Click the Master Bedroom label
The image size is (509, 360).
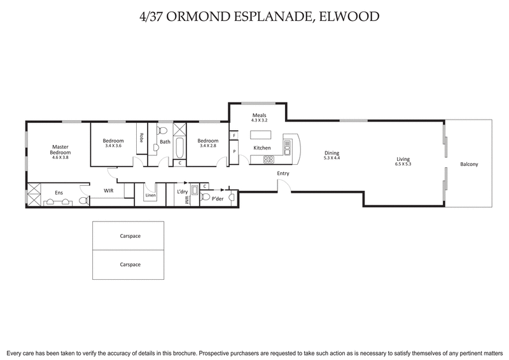click(60, 149)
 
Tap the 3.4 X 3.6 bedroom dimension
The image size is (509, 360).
click(113, 146)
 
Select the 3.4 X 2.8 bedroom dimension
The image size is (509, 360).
click(208, 146)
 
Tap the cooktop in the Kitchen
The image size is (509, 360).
click(267, 158)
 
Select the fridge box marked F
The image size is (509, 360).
click(234, 135)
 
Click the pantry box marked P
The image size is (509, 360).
click(234, 151)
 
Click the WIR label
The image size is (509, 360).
click(109, 190)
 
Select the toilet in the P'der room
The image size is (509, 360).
click(205, 197)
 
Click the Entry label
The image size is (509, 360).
click(283, 173)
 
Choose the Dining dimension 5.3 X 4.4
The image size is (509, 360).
click(331, 158)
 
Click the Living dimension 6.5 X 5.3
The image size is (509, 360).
click(403, 163)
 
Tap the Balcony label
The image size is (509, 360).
click(469, 164)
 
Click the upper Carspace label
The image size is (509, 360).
click(130, 236)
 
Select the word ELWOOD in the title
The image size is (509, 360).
click(354, 16)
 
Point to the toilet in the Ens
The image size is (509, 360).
click(81, 201)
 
